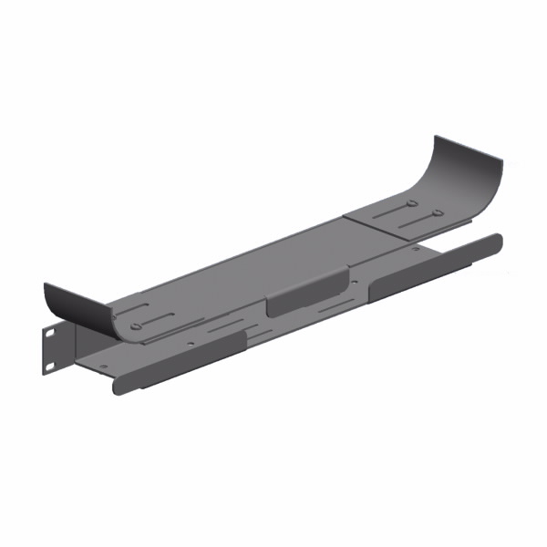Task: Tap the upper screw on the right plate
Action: pyautogui.click(x=412, y=202)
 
